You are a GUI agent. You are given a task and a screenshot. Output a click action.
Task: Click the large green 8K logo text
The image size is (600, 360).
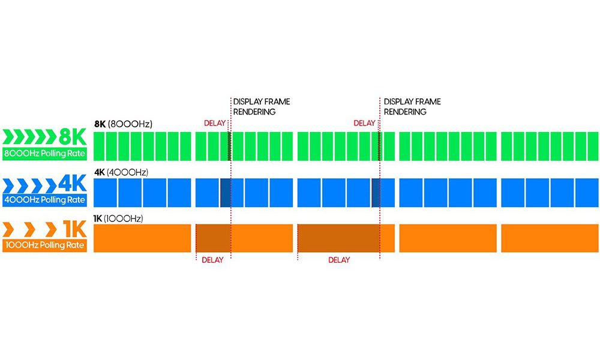pyautogui.click(x=73, y=137)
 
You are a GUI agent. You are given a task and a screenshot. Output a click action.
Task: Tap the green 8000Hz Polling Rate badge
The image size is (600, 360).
pyautogui.click(x=44, y=154)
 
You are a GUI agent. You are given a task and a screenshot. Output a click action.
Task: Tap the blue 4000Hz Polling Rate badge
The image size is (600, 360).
pyautogui.click(x=44, y=200)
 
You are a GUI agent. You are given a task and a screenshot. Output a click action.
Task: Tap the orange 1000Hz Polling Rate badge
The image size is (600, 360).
pyautogui.click(x=44, y=245)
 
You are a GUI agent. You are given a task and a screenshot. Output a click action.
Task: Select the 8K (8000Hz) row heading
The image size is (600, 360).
pyautogui.click(x=123, y=124)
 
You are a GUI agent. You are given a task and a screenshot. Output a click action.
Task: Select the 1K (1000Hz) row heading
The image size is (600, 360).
pyautogui.click(x=120, y=218)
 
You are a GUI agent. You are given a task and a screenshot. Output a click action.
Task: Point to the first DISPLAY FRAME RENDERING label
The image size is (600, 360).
pyautogui.click(x=261, y=107)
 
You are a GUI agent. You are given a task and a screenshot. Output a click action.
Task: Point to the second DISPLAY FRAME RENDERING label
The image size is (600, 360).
pyautogui.click(x=412, y=107)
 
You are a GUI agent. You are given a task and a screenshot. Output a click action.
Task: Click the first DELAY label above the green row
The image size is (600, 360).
pyautogui.click(x=215, y=124)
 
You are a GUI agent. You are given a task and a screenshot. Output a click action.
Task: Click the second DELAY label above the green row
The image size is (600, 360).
pyautogui.click(x=364, y=124)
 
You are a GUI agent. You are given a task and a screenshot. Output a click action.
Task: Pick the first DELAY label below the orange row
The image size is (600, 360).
pyautogui.click(x=212, y=260)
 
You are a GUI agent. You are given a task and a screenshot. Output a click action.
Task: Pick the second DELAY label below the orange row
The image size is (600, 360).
pyautogui.click(x=339, y=260)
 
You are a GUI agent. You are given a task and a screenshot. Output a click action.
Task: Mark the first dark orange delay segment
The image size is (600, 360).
pyautogui.click(x=213, y=238)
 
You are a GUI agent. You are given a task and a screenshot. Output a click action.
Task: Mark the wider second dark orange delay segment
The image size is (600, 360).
pyautogui.click(x=339, y=238)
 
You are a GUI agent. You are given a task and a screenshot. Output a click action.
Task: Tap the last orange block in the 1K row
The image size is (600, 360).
pyautogui.click(x=550, y=238)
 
